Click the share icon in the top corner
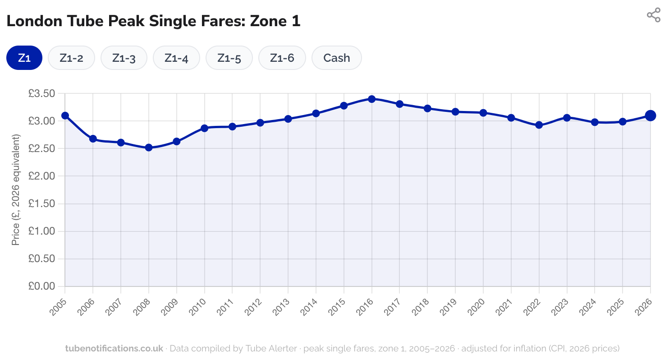pyautogui.click(x=653, y=15)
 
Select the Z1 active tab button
pyautogui.click(x=24, y=58)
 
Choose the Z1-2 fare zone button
pyautogui.click(x=71, y=58)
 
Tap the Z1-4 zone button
pyautogui.click(x=176, y=58)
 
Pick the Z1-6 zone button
pyautogui.click(x=282, y=58)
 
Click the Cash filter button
pyautogui.click(x=337, y=58)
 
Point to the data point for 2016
pyautogui.click(x=371, y=99)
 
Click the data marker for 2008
pyautogui.click(x=149, y=148)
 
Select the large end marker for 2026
pyautogui.click(x=650, y=115)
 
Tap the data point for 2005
pyautogui.click(x=65, y=115)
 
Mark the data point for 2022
pyautogui.click(x=539, y=125)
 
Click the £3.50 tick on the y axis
pyautogui.click(x=41, y=94)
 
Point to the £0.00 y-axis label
pyautogui.click(x=41, y=286)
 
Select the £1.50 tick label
pyautogui.click(x=41, y=204)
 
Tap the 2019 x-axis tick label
pyautogui.click(x=449, y=307)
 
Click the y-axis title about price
pyautogui.click(x=16, y=190)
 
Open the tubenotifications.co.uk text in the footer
pyautogui.click(x=114, y=348)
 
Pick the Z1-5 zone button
pyautogui.click(x=229, y=58)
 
